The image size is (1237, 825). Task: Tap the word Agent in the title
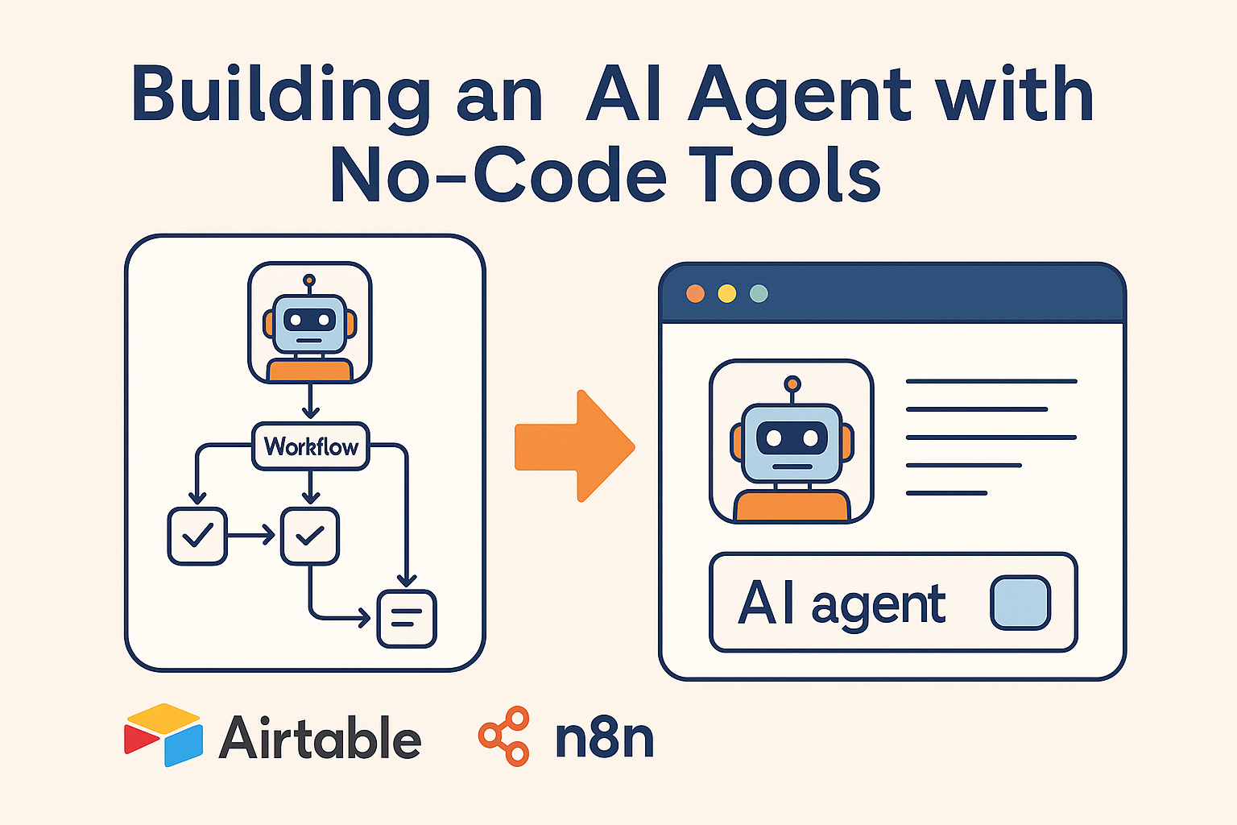tap(799, 97)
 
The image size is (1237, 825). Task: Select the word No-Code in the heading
tap(498, 176)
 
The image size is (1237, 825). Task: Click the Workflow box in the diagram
tap(311, 446)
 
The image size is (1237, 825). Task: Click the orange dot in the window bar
tap(695, 293)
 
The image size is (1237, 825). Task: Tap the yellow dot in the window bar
tap(726, 293)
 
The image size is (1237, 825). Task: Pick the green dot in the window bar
tap(759, 293)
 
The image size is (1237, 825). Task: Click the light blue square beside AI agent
tap(1020, 603)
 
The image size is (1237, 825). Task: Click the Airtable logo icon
tap(163, 735)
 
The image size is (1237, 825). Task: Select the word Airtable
tap(320, 738)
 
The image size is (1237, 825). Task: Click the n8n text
tap(604, 738)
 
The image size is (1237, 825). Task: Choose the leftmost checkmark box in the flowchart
tap(197, 536)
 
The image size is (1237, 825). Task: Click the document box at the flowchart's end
tap(407, 619)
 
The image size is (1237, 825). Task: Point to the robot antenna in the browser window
tap(792, 385)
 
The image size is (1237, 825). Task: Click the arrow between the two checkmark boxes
tap(253, 536)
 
